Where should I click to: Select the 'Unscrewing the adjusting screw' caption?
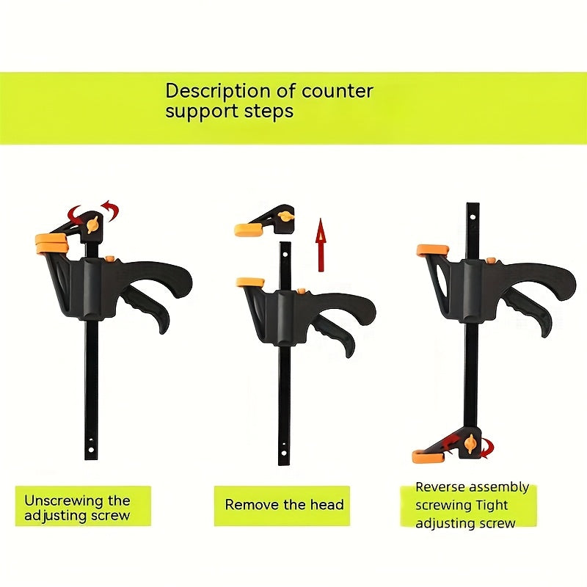point(77,508)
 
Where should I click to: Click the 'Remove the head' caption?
point(284,505)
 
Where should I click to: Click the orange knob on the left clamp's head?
point(92,225)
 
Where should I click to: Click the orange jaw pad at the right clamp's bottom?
point(426,456)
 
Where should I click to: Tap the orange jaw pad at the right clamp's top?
point(432,250)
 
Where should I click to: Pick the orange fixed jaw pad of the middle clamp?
point(249,282)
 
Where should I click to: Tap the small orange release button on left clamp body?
point(109,258)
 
